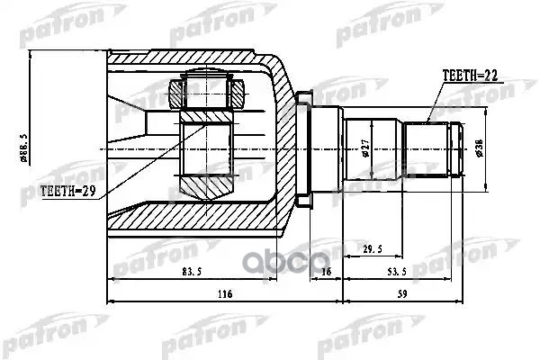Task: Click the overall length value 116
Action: (224, 294)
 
